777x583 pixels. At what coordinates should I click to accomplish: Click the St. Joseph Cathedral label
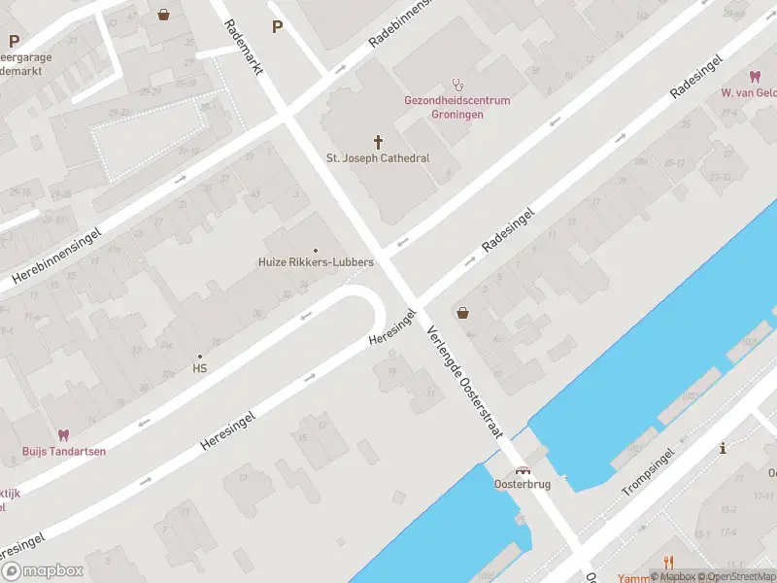coord(378,158)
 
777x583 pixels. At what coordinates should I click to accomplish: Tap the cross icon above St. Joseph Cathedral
coord(378,142)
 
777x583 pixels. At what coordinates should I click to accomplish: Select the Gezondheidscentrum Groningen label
coord(457,107)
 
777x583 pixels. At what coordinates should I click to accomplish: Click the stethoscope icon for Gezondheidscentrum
coord(458,86)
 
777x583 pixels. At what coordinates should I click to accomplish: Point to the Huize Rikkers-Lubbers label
coord(316,262)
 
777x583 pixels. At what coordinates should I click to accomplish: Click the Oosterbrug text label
coord(524,483)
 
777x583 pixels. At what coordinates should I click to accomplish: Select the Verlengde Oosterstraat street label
coord(463,380)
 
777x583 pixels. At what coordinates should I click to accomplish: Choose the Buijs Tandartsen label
coord(64,451)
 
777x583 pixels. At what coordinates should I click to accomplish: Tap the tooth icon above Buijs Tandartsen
coord(64,434)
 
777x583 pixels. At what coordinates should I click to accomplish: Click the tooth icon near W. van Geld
coord(754,77)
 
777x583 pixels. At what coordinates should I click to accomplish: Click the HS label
coord(200,368)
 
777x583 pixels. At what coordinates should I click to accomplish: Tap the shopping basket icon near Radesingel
coord(462,313)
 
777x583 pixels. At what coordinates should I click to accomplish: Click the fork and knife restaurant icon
coord(668,562)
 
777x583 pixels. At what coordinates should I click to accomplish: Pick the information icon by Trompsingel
coord(723,448)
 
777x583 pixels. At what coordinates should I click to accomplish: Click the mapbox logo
coord(42,570)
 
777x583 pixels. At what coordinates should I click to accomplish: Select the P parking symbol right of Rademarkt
coord(277,27)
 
